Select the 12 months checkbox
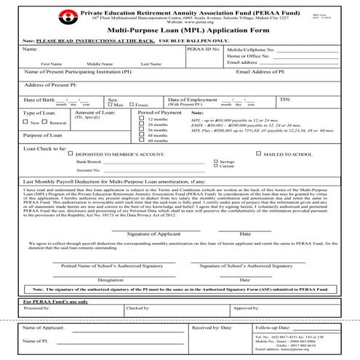pyautogui.click(x=141, y=118)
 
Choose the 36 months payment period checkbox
pyautogui.click(x=141, y=129)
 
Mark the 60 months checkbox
pyautogui.click(x=141, y=140)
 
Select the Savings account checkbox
pyautogui.click(x=215, y=161)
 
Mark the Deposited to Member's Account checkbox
pyautogui.click(x=70, y=154)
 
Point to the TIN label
pyautogui.click(x=285, y=98)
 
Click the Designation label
pyautogui.click(x=111, y=279)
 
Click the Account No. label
pyautogui.click(x=88, y=169)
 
